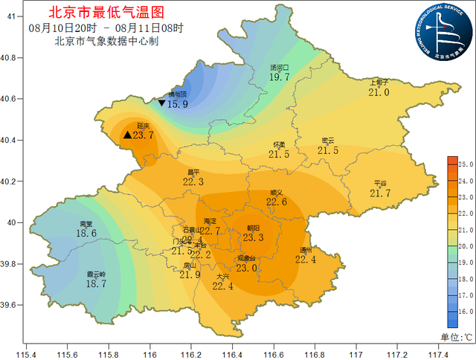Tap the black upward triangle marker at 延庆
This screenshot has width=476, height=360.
point(127,135)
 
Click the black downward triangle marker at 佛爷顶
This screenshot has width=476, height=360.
point(161,103)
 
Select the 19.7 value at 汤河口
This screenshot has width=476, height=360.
point(279,77)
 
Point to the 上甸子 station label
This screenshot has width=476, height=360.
point(379,83)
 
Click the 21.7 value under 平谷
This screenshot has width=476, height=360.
point(380,193)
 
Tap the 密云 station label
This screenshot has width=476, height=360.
point(327,141)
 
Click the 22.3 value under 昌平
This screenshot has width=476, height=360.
point(193,181)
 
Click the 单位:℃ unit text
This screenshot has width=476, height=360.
point(455,337)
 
